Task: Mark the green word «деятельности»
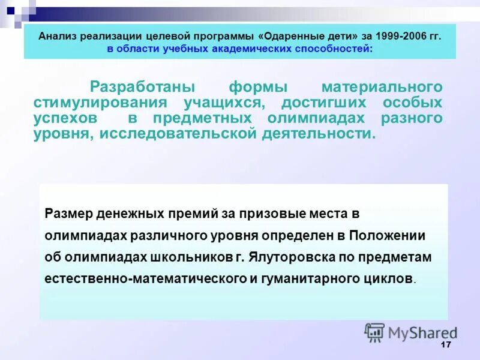[x=319, y=133]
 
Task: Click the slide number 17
[x=445, y=344]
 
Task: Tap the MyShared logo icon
[x=375, y=332]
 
